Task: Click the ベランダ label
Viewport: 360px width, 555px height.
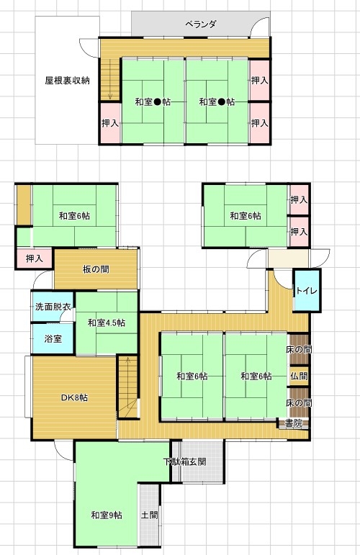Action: pos(200,24)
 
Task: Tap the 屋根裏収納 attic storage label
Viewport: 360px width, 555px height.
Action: pos(67,81)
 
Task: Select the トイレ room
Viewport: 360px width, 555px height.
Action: pos(307,291)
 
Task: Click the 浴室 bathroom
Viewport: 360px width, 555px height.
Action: pos(53,339)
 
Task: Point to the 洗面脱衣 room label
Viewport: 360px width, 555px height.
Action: pos(53,307)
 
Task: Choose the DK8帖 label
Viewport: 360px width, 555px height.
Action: pos(74,397)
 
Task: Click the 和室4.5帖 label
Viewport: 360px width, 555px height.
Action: pos(106,322)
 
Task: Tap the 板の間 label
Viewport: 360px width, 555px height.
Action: pos(96,269)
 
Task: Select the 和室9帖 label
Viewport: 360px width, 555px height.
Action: pos(107,515)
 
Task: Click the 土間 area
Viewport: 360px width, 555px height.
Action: pos(149,515)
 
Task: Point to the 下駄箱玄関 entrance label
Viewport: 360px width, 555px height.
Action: pos(184,462)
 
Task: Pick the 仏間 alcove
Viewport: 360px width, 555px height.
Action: pos(299,376)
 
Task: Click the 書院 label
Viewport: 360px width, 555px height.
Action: pos(294,423)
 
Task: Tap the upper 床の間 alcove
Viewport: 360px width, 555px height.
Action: pos(299,350)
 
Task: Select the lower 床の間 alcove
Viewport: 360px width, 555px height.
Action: pos(299,402)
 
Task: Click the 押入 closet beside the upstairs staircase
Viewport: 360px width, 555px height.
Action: pos(110,123)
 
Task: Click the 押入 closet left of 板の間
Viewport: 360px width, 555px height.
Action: pos(35,258)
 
